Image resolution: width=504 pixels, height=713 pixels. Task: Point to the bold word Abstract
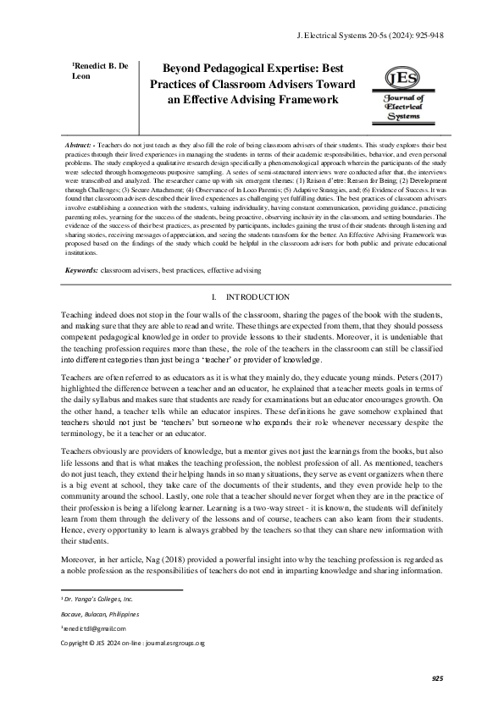81,146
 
